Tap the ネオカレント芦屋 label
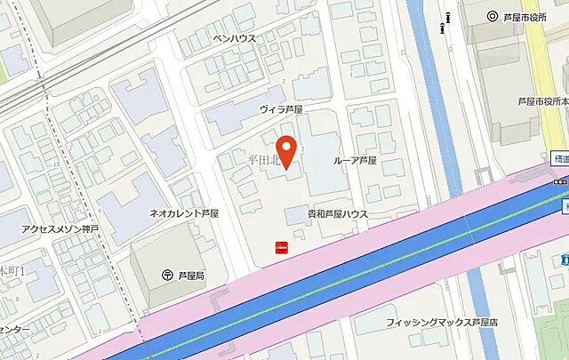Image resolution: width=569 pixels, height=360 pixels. (185, 214)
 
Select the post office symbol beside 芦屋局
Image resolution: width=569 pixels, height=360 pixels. (167, 276)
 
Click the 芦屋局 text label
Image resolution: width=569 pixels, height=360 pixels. (191, 276)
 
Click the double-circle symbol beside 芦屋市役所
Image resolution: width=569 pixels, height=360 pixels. (493, 16)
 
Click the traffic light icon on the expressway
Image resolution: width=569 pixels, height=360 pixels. (561, 181)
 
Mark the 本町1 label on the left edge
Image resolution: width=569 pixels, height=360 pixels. (13, 268)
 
